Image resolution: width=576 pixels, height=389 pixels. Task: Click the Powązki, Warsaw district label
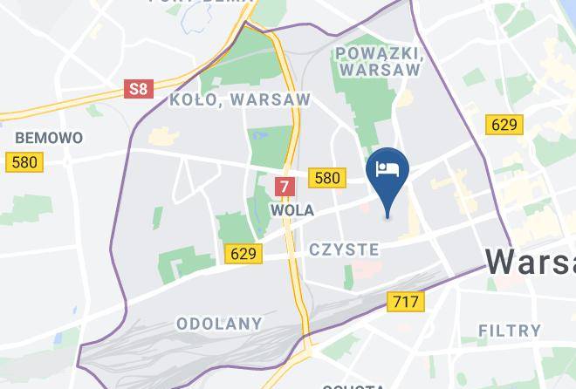click(x=378, y=61)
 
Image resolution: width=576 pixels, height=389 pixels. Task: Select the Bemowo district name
click(x=49, y=138)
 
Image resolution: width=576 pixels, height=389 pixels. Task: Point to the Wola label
click(x=292, y=210)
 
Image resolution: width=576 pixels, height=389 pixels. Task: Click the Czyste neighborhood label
click(x=344, y=249)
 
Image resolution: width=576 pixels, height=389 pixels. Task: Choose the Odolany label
click(x=219, y=324)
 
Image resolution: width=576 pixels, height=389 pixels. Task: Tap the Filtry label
click(x=511, y=331)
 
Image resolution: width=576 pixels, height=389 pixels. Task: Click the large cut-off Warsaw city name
click(x=531, y=261)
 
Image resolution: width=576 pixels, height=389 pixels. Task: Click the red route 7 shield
click(x=284, y=186)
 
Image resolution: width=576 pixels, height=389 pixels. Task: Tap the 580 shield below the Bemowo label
click(x=24, y=162)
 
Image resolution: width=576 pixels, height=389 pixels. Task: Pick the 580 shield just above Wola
click(x=326, y=178)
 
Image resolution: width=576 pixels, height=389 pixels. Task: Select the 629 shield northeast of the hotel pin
click(x=504, y=125)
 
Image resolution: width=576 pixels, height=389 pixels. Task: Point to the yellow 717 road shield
click(x=404, y=302)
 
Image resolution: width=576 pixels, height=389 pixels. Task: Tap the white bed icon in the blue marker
click(x=387, y=167)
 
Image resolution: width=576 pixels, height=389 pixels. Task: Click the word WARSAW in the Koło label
click(x=271, y=99)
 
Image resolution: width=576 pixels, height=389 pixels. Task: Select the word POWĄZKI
click(x=378, y=52)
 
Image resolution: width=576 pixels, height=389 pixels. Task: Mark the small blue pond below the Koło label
click(x=258, y=137)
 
